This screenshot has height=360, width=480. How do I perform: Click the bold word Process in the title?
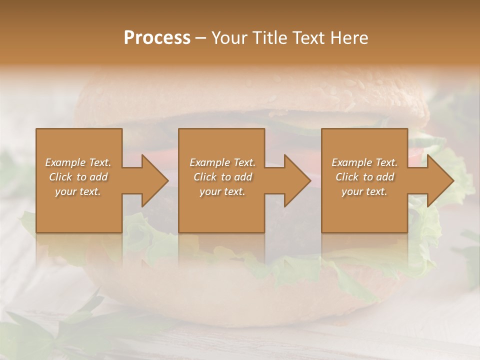(x=157, y=38)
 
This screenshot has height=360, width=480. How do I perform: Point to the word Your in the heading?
(x=229, y=38)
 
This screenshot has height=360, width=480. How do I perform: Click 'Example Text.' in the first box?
(x=78, y=162)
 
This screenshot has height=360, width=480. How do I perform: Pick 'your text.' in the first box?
(x=78, y=191)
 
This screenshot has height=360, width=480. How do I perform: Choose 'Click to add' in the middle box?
(x=222, y=177)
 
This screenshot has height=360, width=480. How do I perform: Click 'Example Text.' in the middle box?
(x=222, y=162)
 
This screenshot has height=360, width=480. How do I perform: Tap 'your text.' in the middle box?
(x=222, y=191)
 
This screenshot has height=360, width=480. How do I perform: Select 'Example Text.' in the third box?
(x=364, y=162)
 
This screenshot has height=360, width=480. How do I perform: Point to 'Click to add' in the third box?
(x=364, y=177)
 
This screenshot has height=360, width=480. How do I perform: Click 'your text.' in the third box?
(x=364, y=191)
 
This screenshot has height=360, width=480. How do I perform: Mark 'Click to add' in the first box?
(x=78, y=177)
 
